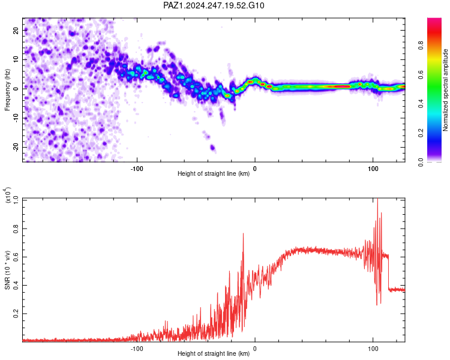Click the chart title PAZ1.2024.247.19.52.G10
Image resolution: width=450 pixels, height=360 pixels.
point(214,5)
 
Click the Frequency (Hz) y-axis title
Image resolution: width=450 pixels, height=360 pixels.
point(7,90)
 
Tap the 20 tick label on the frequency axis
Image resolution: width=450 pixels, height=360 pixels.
point(16,30)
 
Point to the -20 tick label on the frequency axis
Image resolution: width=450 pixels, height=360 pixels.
point(16,147)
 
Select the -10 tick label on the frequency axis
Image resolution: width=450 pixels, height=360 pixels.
point(16,118)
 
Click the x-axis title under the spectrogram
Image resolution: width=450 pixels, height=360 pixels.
point(214,173)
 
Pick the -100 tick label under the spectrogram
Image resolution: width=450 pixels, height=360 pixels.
point(137,169)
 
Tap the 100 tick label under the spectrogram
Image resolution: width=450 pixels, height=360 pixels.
point(373,169)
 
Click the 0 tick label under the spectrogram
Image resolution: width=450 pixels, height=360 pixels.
point(255,169)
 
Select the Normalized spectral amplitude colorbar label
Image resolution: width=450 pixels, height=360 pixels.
point(445,90)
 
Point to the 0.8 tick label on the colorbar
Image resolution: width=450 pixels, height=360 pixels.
point(421,45)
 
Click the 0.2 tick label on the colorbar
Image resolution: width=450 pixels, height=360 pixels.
point(421,133)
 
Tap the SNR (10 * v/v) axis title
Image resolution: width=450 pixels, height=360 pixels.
point(7,270)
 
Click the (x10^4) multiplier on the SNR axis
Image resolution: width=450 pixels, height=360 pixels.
point(7,195)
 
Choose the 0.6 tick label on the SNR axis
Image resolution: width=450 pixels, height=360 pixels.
point(16,257)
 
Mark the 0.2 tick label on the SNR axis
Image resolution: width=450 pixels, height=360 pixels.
point(16,313)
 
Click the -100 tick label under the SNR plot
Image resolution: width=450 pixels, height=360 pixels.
point(137,349)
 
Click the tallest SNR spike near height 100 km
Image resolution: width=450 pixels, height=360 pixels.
point(377,200)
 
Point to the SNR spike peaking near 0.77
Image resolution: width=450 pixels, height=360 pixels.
point(244,234)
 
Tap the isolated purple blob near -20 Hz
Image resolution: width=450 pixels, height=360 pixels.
point(212,148)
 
